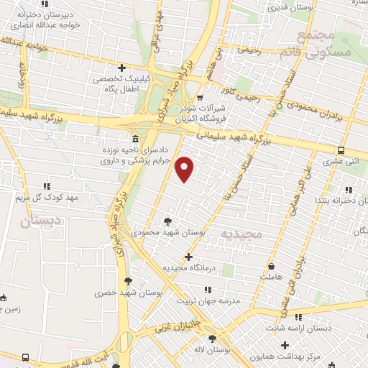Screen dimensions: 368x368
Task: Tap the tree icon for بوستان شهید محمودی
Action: (x=168, y=221)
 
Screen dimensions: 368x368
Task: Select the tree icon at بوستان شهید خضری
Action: (x=128, y=281)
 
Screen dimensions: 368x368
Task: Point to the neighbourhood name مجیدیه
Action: (x=244, y=235)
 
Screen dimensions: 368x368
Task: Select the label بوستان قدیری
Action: (x=287, y=9)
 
